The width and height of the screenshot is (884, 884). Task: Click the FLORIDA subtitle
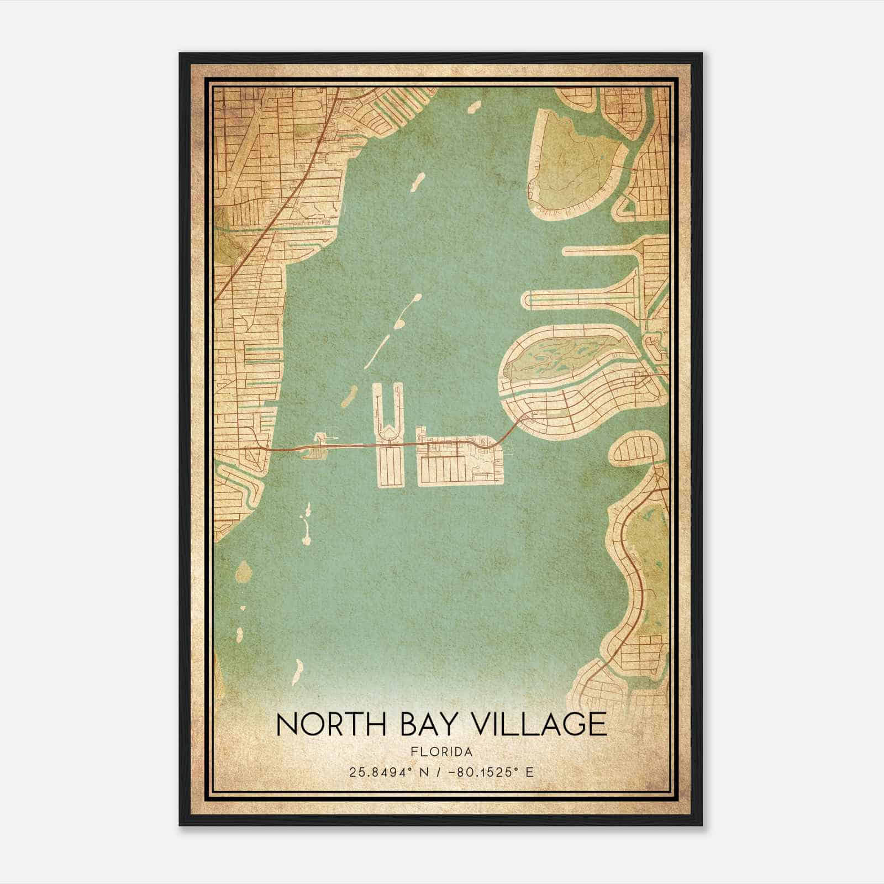click(441, 752)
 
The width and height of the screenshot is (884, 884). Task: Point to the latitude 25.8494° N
click(383, 772)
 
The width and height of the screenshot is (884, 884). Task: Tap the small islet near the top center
click(473, 107)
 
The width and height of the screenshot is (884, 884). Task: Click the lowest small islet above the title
click(297, 671)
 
